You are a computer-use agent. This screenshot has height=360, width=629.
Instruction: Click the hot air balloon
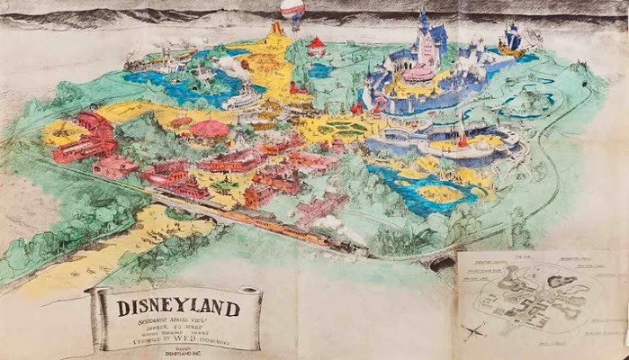pyautogui.click(x=292, y=13)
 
